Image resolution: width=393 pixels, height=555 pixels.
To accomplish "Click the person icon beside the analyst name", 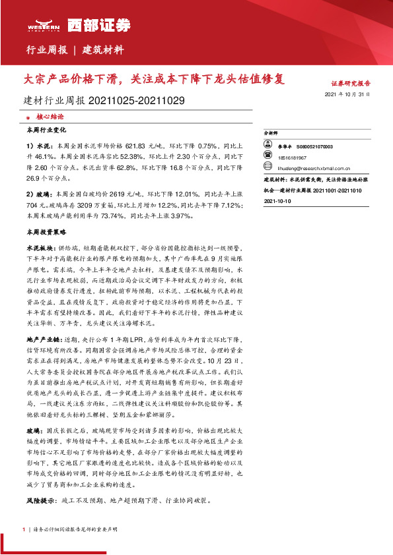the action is (x=268, y=147).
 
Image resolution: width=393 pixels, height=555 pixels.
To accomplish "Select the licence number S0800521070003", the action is (x=314, y=147).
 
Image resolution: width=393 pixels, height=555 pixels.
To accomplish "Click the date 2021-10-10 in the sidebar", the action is (x=277, y=201).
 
